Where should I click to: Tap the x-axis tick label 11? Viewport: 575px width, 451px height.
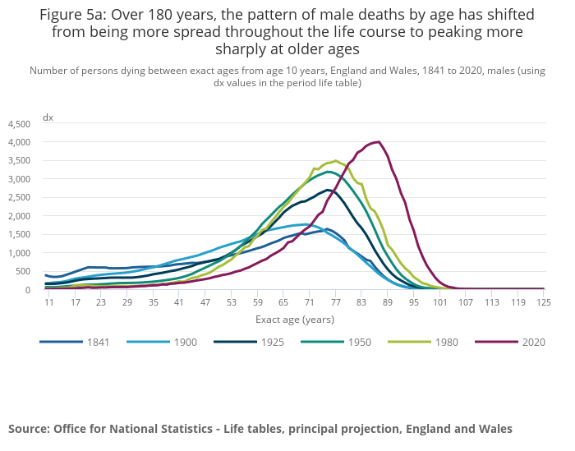click(x=48, y=302)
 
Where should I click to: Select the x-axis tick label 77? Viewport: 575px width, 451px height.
click(x=335, y=302)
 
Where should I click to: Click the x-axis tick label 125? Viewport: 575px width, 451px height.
click(x=542, y=302)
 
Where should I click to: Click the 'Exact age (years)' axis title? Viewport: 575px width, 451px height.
click(x=295, y=319)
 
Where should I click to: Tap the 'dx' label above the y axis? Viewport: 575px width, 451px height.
click(x=48, y=117)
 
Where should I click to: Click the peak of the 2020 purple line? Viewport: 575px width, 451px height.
click(x=378, y=141)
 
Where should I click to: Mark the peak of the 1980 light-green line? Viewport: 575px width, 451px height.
click(x=335, y=160)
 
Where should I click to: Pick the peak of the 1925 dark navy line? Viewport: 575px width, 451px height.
click(x=327, y=190)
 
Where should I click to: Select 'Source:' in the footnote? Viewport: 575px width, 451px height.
click(x=30, y=429)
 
